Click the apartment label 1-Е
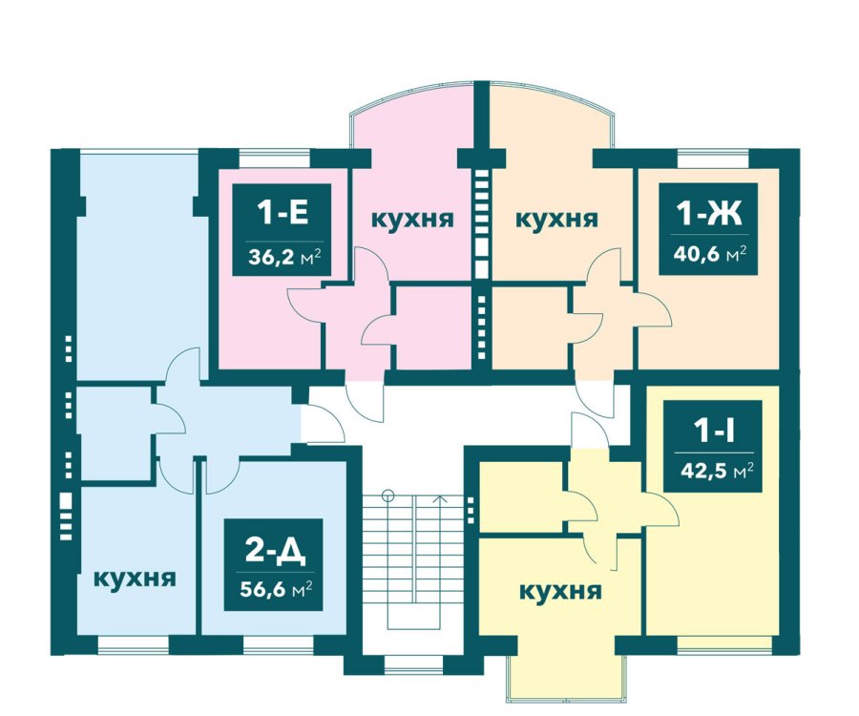coord(283,213)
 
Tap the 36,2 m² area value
coord(283,257)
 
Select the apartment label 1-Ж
coord(709,213)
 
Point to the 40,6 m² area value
coord(710,254)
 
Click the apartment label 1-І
coord(714,432)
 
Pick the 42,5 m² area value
coord(717,471)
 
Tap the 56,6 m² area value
coord(277,590)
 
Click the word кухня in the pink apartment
coord(412,220)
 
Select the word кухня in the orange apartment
coord(556,220)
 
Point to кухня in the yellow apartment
coord(560,592)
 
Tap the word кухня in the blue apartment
coord(135,579)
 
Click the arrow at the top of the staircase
coord(439,499)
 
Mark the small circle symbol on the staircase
coord(388,495)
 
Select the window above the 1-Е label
coord(275,158)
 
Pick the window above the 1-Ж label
coord(713,158)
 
